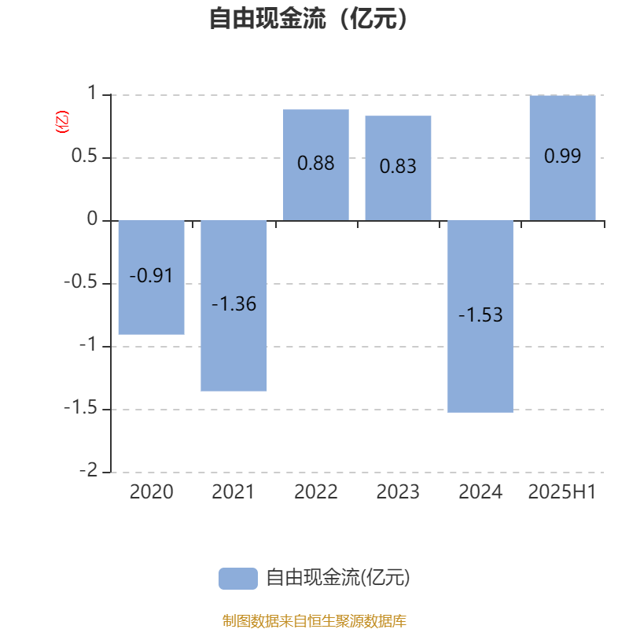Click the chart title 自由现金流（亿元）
pyautogui.click(x=308, y=18)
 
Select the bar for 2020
pyautogui.click(x=152, y=278)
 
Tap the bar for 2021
pyautogui.click(x=234, y=306)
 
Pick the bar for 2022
pyautogui.click(x=316, y=165)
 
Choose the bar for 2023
pyautogui.click(x=398, y=168)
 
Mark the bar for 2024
pyautogui.click(x=480, y=317)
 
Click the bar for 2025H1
pyautogui.click(x=562, y=158)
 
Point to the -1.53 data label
pyautogui.click(x=480, y=315)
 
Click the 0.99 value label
pyautogui.click(x=562, y=156)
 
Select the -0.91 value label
pyautogui.click(x=151, y=276)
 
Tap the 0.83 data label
pyautogui.click(x=398, y=166)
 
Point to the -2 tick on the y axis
pyautogui.click(x=89, y=470)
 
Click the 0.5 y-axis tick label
pyautogui.click(x=84, y=156)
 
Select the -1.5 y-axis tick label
pyautogui.click(x=81, y=407)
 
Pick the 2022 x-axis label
pyautogui.click(x=316, y=492)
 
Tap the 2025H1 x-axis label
pyautogui.click(x=562, y=492)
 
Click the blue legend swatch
pyautogui.click(x=238, y=579)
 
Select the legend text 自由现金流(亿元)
pyautogui.click(x=338, y=578)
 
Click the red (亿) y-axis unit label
pyautogui.click(x=62, y=122)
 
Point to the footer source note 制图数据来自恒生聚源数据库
pyautogui.click(x=314, y=621)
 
